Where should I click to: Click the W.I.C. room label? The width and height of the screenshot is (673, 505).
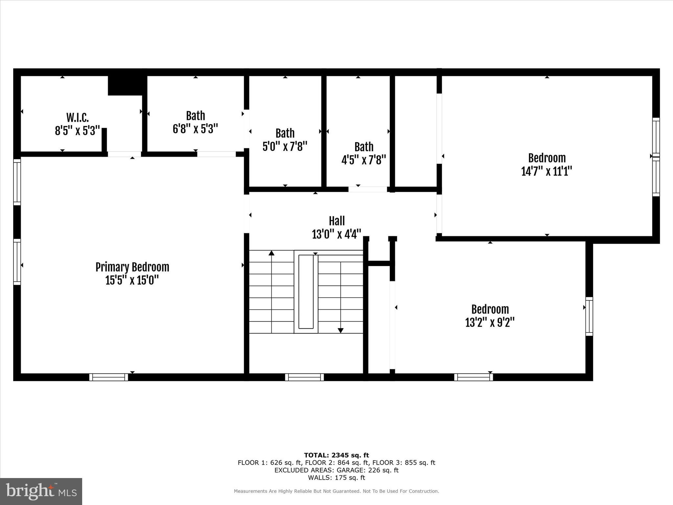[78, 117]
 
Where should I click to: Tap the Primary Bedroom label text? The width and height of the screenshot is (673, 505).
[132, 267]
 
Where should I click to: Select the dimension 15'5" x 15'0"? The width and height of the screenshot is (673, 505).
[132, 280]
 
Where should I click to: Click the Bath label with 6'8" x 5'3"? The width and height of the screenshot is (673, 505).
[196, 116]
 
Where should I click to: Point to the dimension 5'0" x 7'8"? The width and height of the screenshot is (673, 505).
[285, 146]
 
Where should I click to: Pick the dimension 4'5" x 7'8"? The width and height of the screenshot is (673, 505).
[364, 160]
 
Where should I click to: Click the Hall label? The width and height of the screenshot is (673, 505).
[337, 221]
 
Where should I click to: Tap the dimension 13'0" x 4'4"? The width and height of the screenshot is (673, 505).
[336, 234]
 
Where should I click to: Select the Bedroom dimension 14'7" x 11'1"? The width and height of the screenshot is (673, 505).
[547, 171]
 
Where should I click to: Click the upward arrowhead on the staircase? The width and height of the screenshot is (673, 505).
[271, 253]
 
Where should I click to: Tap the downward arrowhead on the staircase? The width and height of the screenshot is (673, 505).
[341, 330]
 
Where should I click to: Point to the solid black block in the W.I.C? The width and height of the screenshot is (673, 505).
[125, 85]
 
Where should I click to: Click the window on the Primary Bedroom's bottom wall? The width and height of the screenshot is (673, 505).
[109, 377]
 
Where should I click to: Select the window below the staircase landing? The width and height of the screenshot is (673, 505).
[304, 377]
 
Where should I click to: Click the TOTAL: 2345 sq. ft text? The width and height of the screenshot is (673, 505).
[336, 455]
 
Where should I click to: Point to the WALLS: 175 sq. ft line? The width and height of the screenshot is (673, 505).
[336, 478]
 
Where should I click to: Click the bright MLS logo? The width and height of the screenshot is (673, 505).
[41, 492]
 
